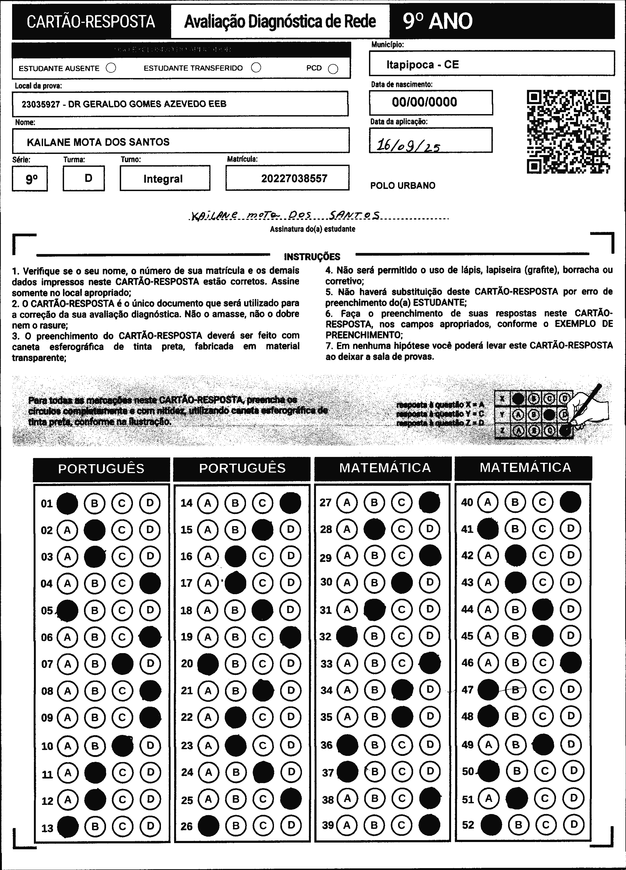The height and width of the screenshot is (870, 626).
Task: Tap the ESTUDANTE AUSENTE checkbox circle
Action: (111, 68)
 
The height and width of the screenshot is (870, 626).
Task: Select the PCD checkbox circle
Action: (333, 69)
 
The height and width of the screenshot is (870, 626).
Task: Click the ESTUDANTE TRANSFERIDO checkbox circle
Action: (256, 68)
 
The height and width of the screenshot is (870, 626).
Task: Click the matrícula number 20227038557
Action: (294, 178)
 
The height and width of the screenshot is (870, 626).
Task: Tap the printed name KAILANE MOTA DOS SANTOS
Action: (98, 142)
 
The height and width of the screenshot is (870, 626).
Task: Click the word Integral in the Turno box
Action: (163, 179)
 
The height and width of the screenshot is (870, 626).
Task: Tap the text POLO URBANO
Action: (403, 186)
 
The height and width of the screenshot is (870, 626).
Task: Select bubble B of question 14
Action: (235, 503)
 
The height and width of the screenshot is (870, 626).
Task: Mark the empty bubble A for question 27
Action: (347, 502)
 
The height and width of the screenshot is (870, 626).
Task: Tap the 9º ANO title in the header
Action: (438, 22)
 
